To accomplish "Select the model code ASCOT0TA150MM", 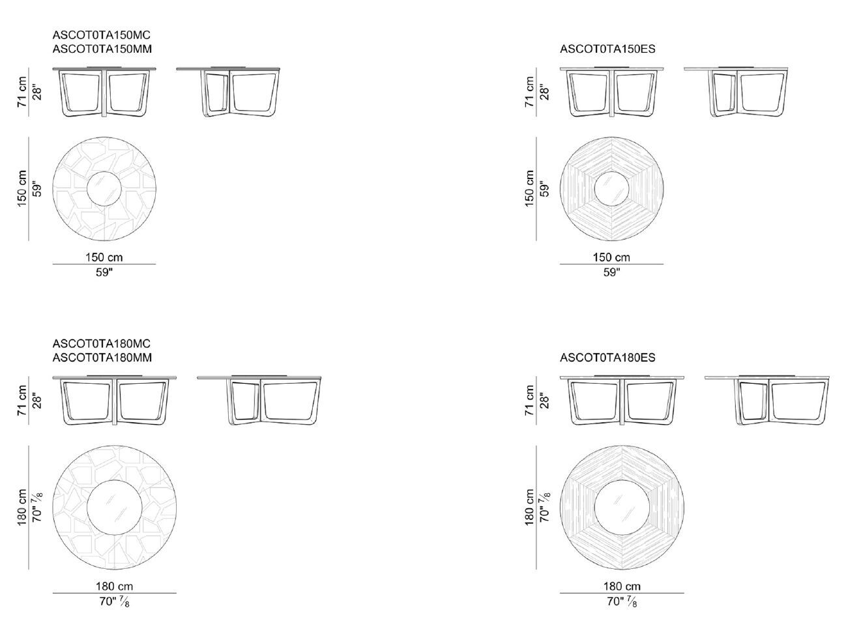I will [102, 49].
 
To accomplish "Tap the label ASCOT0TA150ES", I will [607, 49].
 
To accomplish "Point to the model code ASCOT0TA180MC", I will [102, 343].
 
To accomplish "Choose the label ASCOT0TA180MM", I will [102, 357].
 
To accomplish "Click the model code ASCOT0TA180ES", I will [607, 357].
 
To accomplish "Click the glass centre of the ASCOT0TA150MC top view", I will [104, 189].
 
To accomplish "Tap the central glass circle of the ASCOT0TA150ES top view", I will [611, 189].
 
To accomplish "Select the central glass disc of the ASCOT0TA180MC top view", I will [115, 507].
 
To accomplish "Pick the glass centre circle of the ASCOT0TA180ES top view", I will [622, 507].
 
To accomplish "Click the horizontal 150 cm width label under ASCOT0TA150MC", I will [104, 257].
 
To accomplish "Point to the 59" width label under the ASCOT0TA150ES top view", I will [611, 272].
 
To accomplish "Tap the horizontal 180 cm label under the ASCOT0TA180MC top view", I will [114, 586].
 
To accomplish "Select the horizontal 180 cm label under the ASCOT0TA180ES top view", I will [622, 586].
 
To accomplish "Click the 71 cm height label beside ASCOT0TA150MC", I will [23, 92].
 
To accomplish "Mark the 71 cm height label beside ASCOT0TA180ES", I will [529, 401].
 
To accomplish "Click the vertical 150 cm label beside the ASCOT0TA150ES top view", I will [529, 189].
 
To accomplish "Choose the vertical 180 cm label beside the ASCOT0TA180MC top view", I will [23, 507].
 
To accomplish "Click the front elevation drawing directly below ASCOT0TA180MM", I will [115, 400].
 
